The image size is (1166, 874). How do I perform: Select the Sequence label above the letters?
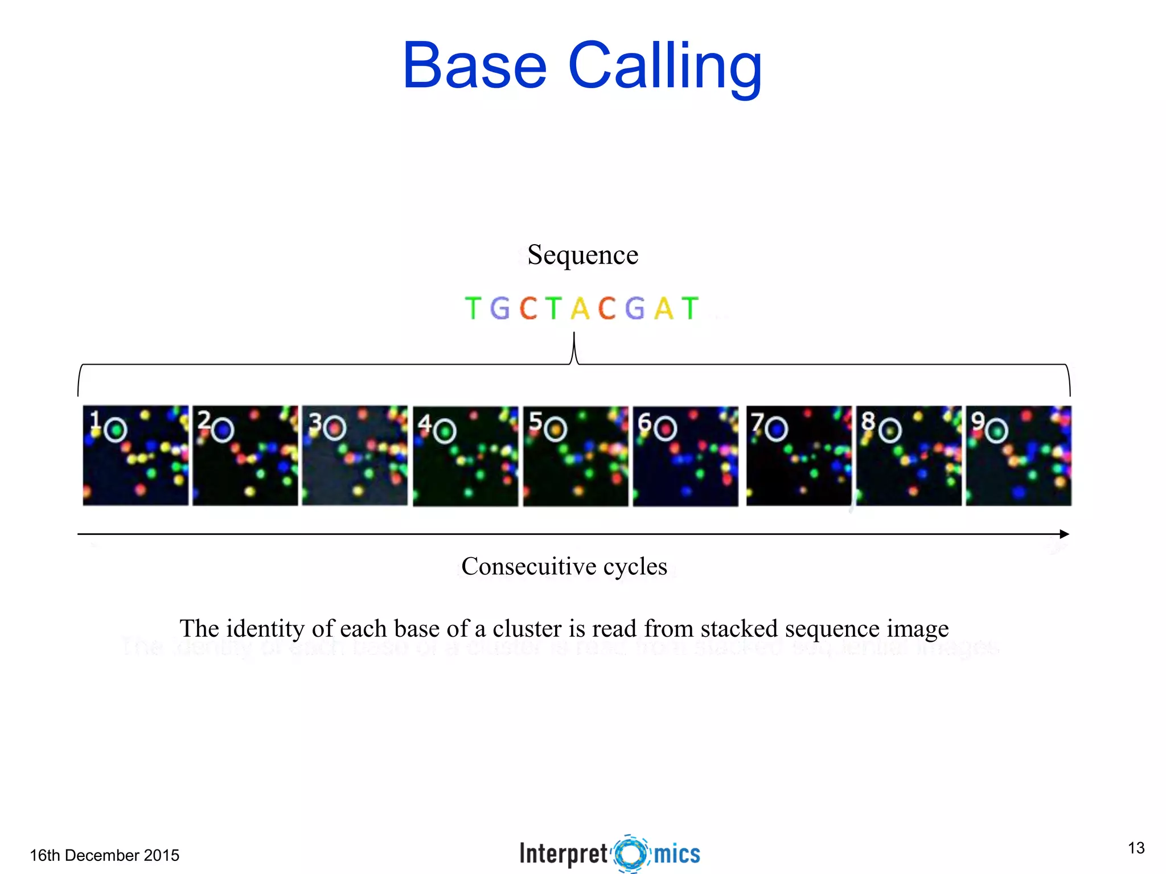pyautogui.click(x=582, y=254)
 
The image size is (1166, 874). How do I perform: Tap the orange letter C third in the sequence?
pyautogui.click(x=528, y=309)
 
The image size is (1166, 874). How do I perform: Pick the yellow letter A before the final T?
pyautogui.click(x=663, y=309)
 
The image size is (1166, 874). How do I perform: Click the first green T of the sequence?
pyautogui.click(x=473, y=309)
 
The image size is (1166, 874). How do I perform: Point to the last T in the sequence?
pyautogui.click(x=689, y=309)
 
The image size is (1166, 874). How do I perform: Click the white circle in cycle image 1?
pyautogui.click(x=116, y=430)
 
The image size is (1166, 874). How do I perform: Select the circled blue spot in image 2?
pyautogui.click(x=223, y=430)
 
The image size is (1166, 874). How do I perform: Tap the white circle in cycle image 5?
pyautogui.click(x=555, y=430)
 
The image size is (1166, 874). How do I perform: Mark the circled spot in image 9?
pyautogui.click(x=996, y=431)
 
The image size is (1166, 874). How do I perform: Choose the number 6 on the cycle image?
pyautogui.click(x=644, y=423)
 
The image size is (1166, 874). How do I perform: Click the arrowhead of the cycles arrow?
pyautogui.click(x=1064, y=534)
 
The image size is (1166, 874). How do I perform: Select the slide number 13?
pyautogui.click(x=1136, y=848)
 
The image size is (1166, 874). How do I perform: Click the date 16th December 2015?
pyautogui.click(x=104, y=855)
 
